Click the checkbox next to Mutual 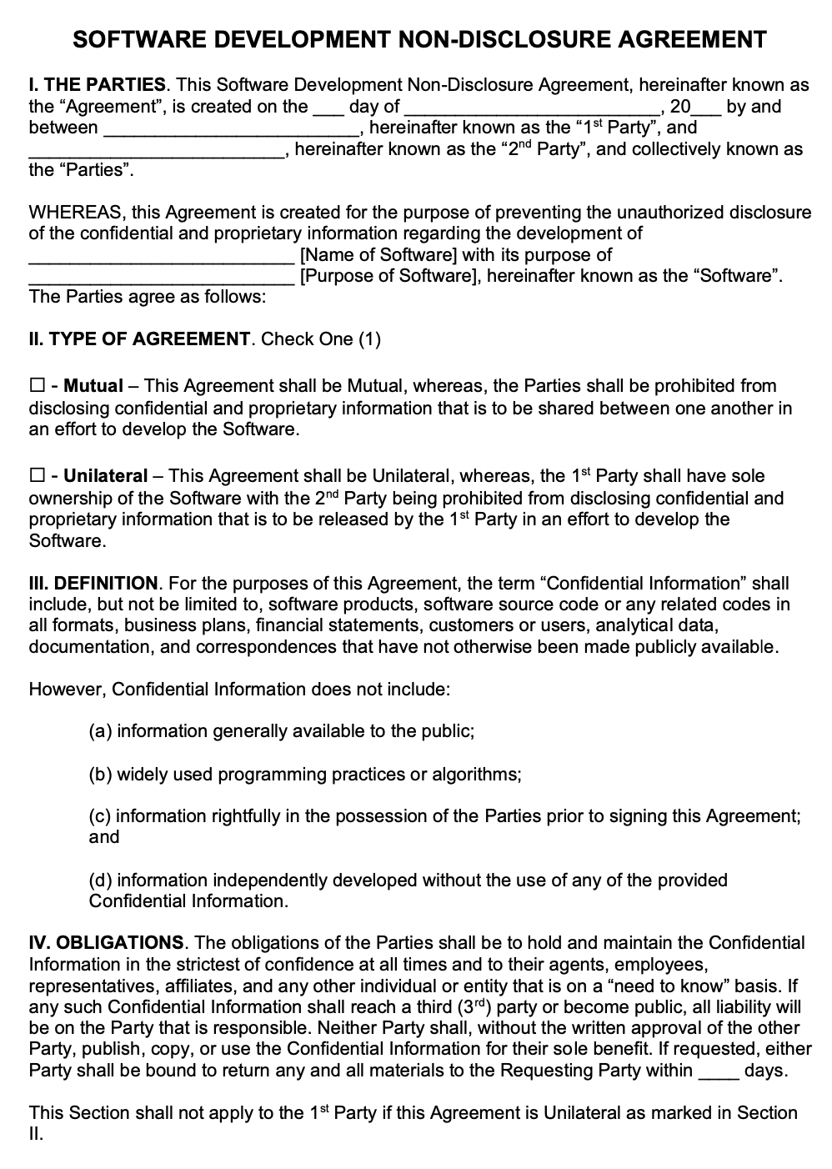37,387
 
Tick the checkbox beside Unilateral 37,477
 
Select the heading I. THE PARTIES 98,85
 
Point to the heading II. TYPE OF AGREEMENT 139,339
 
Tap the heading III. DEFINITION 93,584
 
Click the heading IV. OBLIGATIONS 106,943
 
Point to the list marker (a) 101,732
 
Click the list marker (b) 101,775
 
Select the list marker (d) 101,881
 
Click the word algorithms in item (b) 476,775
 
